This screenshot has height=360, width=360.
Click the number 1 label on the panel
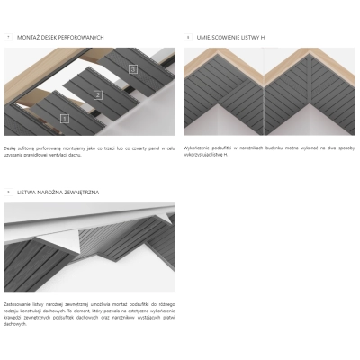(x=65, y=118)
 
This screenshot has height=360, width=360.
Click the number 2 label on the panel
(x=99, y=94)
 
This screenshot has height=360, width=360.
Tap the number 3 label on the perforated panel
(x=132, y=68)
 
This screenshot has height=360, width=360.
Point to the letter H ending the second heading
(x=264, y=37)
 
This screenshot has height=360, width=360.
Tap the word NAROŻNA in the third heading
(x=58, y=192)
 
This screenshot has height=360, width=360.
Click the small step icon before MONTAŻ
(x=8, y=37)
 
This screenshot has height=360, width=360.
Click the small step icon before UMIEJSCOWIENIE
(x=188, y=37)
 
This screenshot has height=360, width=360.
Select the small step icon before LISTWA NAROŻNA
(x=8, y=192)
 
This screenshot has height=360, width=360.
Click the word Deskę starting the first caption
(x=10, y=144)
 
